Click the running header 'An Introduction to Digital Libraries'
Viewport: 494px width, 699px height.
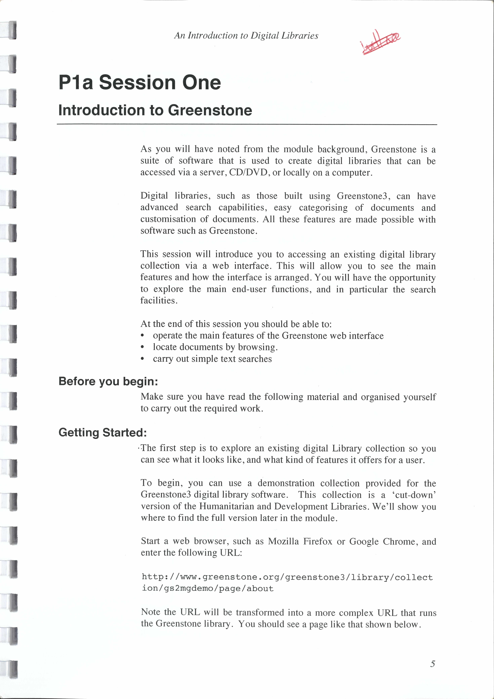(x=246, y=36)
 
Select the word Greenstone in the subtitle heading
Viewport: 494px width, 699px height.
(x=210, y=110)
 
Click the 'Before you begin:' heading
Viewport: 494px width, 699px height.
(x=108, y=381)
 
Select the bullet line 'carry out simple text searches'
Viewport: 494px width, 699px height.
(x=212, y=359)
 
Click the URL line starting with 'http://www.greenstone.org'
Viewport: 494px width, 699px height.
(x=287, y=577)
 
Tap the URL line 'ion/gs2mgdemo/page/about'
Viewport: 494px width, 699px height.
(x=208, y=588)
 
